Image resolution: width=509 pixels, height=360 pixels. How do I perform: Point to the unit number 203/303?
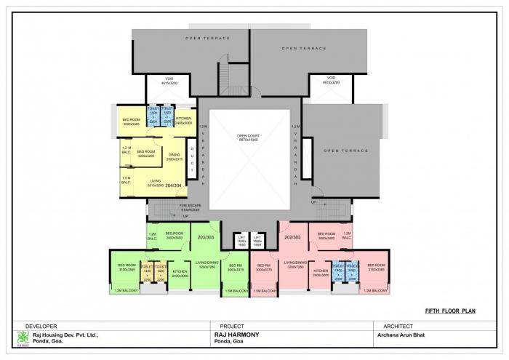(207, 237)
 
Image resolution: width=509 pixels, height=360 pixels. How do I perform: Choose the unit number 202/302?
(293, 237)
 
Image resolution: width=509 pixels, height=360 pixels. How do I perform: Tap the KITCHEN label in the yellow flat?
(183, 119)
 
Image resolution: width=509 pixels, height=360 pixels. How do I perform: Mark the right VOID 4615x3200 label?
(331, 81)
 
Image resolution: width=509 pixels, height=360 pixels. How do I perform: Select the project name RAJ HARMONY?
(236, 335)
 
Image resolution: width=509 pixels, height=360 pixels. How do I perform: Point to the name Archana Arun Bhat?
(400, 335)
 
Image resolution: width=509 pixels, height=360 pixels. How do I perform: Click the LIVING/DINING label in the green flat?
(207, 264)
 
